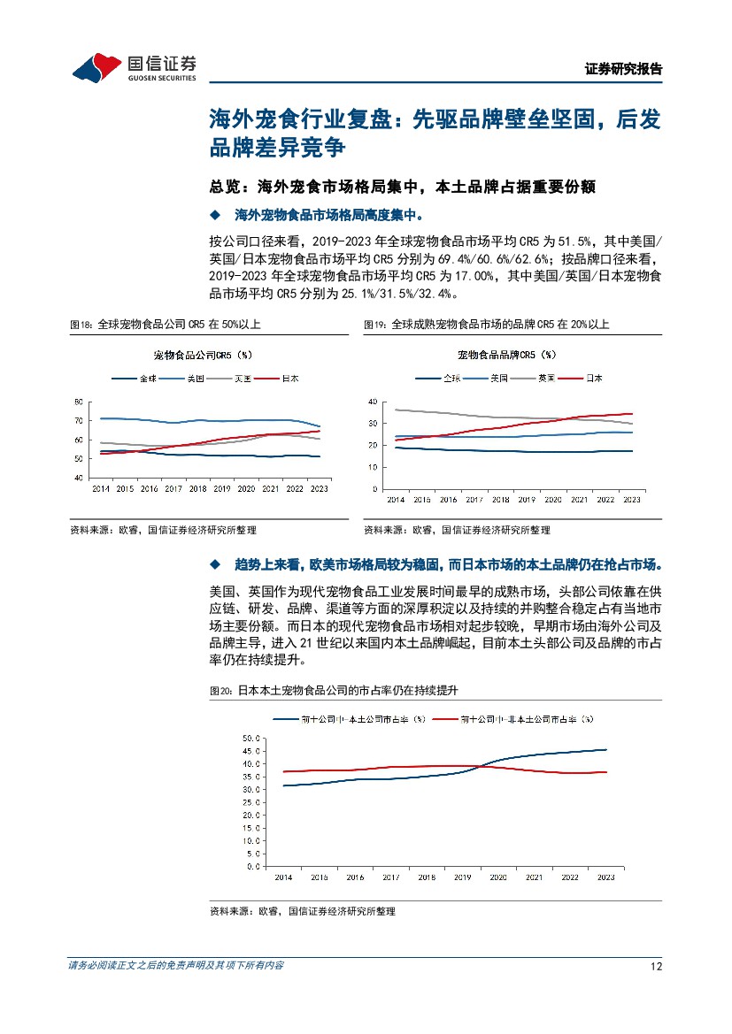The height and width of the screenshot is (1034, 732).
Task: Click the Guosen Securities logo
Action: (x=134, y=66)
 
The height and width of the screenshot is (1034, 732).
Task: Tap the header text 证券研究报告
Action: (x=624, y=69)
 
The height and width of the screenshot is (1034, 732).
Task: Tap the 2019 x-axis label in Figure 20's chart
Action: (x=462, y=877)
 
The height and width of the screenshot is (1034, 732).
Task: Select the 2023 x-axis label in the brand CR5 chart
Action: (x=631, y=500)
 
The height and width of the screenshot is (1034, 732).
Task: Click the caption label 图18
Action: (x=81, y=326)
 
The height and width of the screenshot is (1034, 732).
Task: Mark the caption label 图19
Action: (x=375, y=326)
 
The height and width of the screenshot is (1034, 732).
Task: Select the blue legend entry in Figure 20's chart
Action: (x=351, y=719)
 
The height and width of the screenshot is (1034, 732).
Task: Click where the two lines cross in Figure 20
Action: (x=482, y=766)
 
